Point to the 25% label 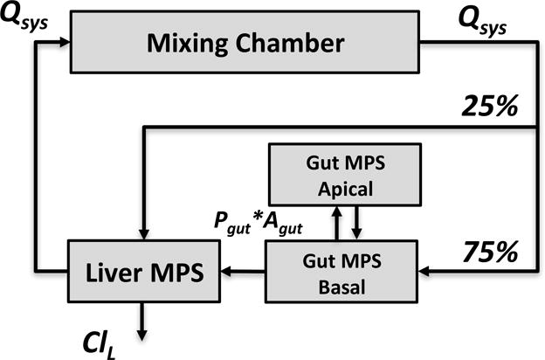tap(489, 107)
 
